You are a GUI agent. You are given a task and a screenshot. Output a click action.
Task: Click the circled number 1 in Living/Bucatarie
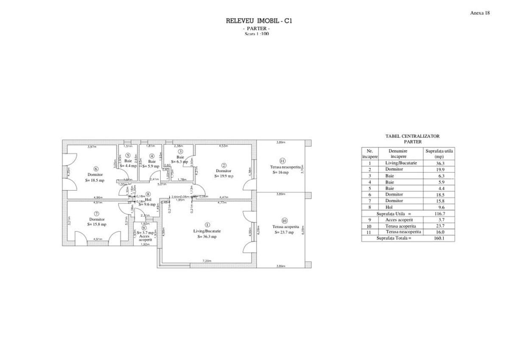pyautogui.click(x=207, y=225)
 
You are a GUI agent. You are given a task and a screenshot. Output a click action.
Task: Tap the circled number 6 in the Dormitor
pyautogui.click(x=96, y=169)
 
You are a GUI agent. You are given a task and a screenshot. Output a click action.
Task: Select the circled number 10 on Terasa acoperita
pyautogui.click(x=284, y=220)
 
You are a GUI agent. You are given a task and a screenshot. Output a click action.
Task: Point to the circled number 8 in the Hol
pyautogui.click(x=148, y=194)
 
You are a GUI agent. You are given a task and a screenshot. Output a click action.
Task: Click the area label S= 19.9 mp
pyautogui.click(x=224, y=176)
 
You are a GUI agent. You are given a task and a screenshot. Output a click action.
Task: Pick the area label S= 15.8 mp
pyautogui.click(x=97, y=224)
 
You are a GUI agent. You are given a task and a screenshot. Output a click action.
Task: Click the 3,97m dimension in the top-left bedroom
pyautogui.click(x=92, y=147)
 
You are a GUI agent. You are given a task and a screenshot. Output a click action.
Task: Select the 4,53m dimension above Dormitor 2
pyautogui.click(x=223, y=146)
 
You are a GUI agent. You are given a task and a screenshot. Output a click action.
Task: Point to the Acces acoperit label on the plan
pyautogui.click(x=145, y=238)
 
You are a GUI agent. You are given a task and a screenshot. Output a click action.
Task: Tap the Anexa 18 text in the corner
pyautogui.click(x=480, y=13)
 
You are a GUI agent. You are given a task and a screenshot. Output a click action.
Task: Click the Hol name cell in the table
pyautogui.click(x=389, y=207)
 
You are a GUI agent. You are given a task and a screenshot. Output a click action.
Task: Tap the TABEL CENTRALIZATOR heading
pyautogui.click(x=406, y=137)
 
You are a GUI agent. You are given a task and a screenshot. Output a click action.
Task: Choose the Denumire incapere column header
pyautogui.click(x=397, y=153)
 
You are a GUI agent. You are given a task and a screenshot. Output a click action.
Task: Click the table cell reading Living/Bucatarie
pyautogui.click(x=401, y=163)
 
